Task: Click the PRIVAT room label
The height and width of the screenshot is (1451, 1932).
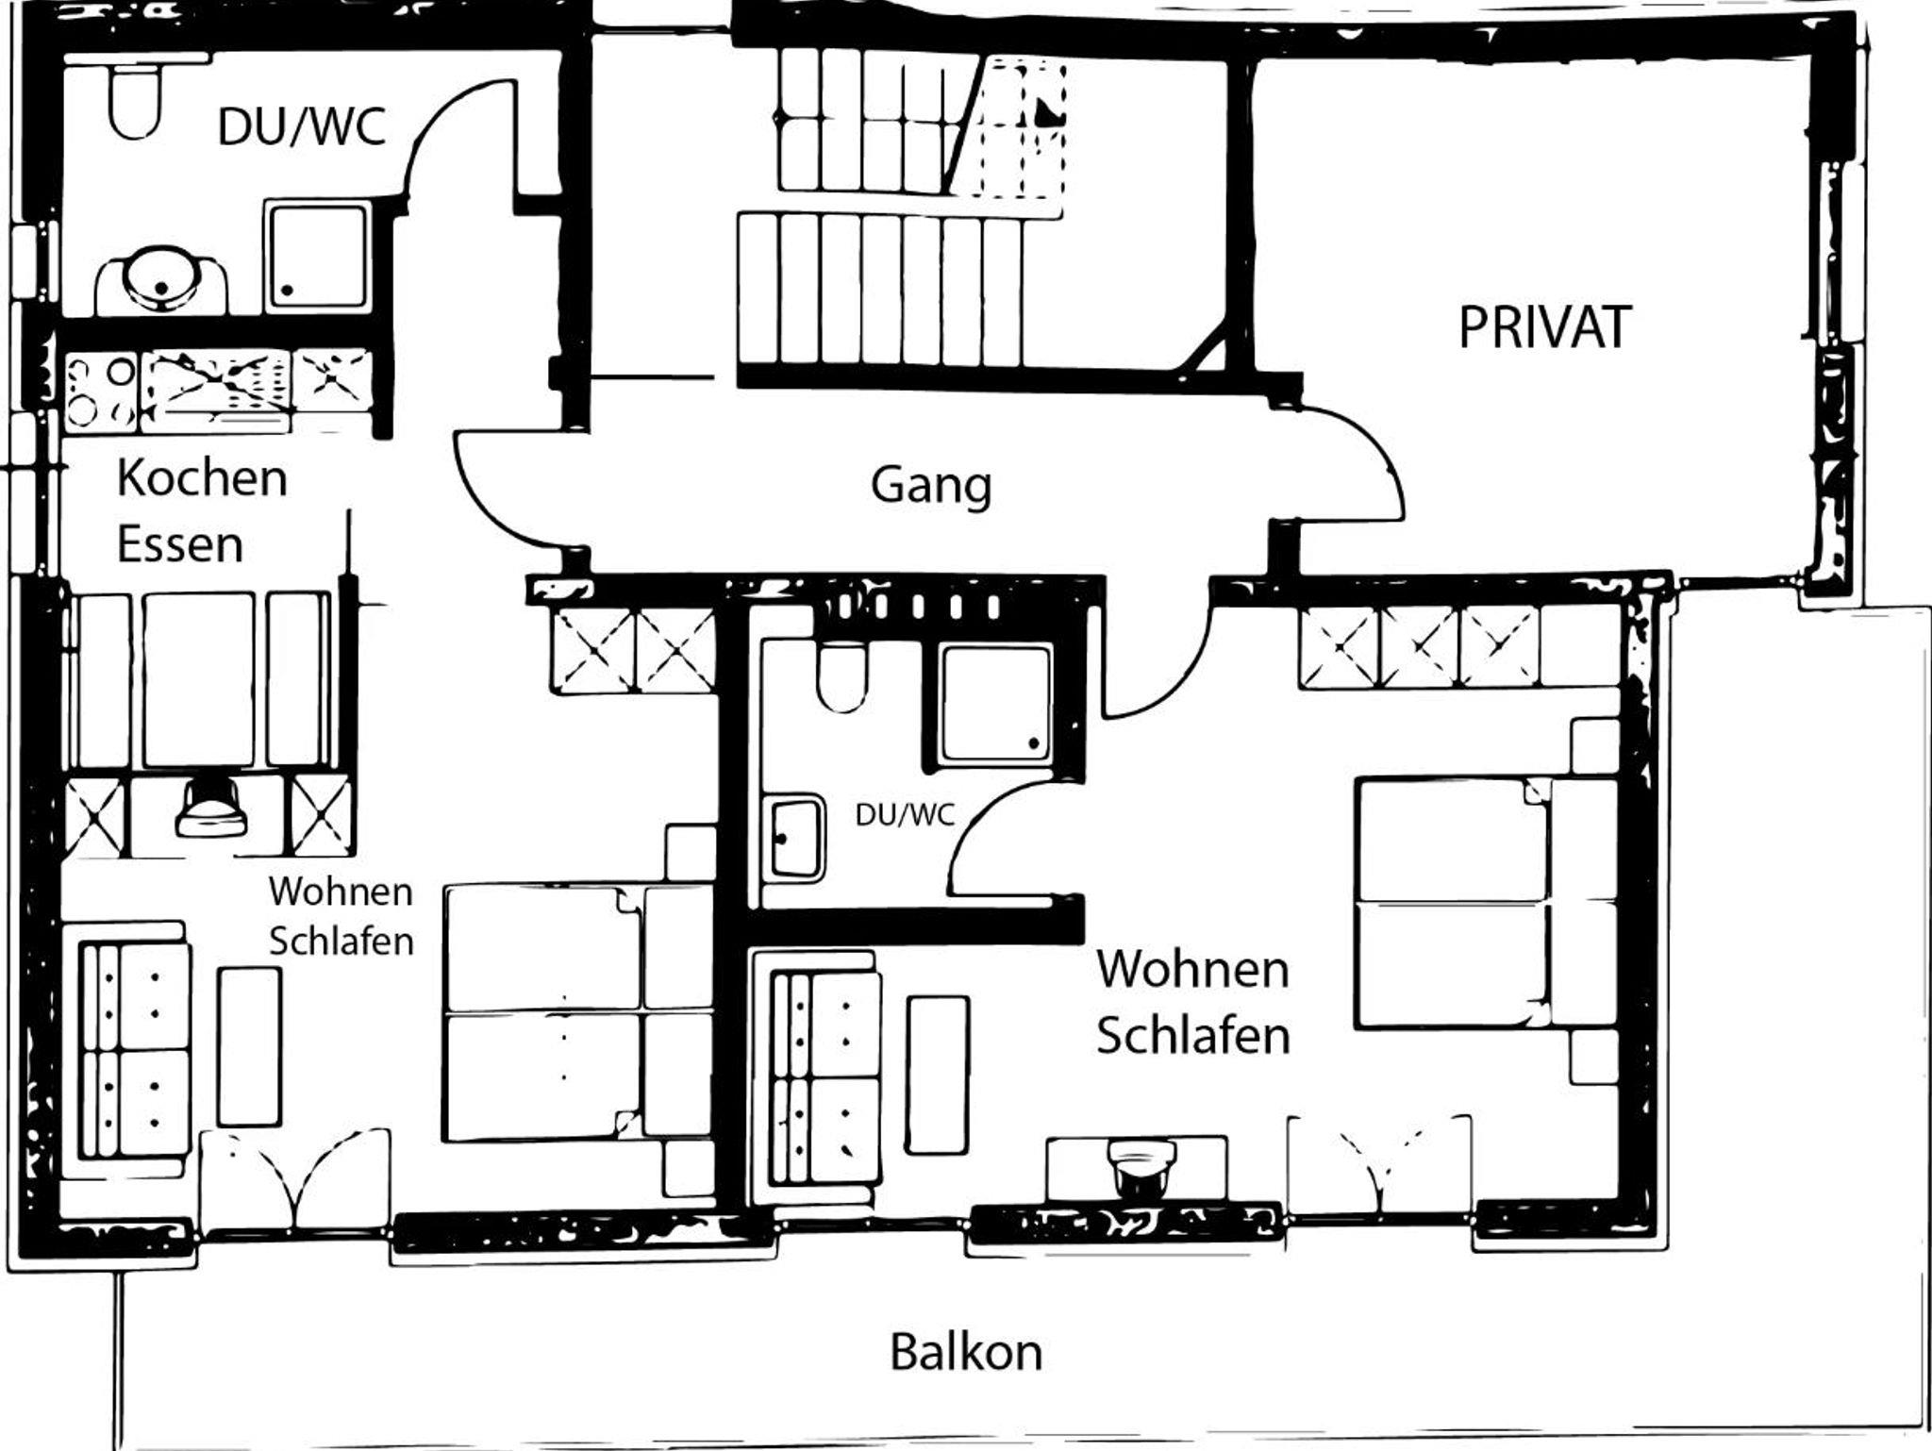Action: pos(1544,327)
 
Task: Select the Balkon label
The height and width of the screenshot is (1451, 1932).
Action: pos(966,1352)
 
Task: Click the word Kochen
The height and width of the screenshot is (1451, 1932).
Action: pos(202,477)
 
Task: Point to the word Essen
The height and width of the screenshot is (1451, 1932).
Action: pos(179,544)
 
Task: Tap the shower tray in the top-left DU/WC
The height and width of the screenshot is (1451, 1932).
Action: pos(317,256)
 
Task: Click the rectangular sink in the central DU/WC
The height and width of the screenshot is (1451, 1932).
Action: pos(797,836)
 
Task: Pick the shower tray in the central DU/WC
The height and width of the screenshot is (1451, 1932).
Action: pos(995,703)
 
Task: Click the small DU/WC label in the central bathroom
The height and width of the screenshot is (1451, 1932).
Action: pos(905,814)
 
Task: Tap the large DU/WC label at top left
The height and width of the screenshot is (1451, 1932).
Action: pos(302,127)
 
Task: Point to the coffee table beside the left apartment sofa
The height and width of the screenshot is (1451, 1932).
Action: pos(249,1046)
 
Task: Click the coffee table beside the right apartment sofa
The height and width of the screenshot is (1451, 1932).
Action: pos(938,1076)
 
